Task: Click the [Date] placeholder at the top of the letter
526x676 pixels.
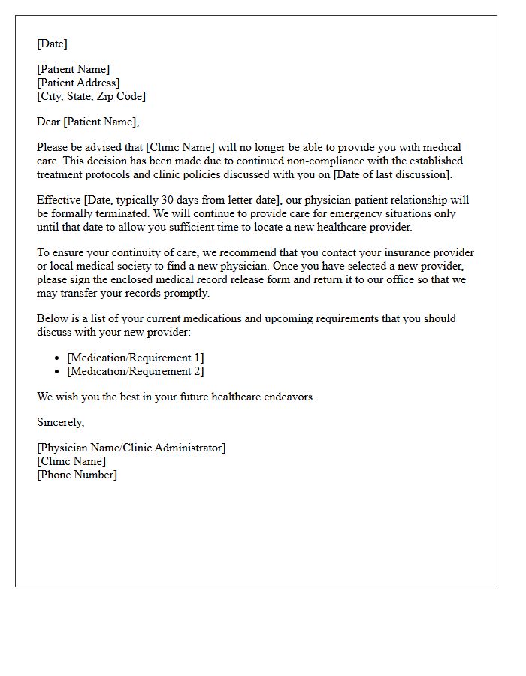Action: (x=52, y=44)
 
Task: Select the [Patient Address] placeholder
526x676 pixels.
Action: (x=78, y=83)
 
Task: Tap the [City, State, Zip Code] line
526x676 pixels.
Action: (x=91, y=96)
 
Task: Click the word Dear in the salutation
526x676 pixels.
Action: (x=48, y=122)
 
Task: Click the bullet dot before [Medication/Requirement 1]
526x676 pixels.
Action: (x=57, y=358)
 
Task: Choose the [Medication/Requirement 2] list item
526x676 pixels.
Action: (x=135, y=371)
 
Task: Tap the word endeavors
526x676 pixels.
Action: (x=288, y=397)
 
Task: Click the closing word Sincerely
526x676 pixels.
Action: (x=60, y=422)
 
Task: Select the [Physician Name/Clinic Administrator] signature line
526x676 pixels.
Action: (x=131, y=448)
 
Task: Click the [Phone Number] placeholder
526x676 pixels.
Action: (x=77, y=475)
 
